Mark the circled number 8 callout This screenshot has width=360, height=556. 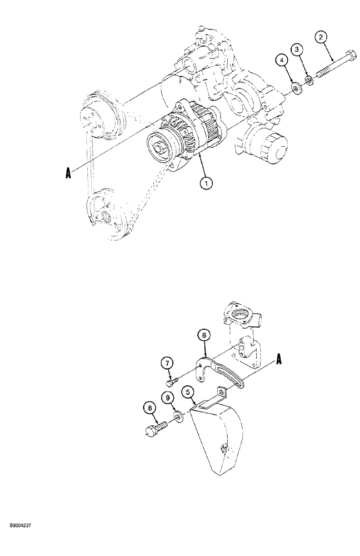click(x=149, y=409)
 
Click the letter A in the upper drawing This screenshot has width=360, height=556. click(x=68, y=173)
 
